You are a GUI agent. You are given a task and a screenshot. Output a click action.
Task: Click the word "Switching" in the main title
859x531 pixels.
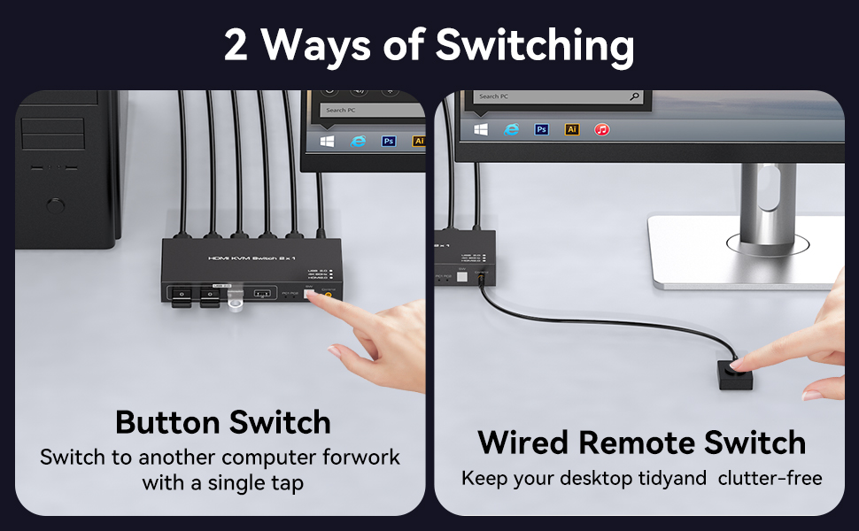(x=532, y=46)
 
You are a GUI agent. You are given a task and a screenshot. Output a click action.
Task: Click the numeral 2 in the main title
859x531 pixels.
(x=236, y=46)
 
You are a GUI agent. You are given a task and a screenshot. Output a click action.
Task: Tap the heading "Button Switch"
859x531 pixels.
(x=222, y=422)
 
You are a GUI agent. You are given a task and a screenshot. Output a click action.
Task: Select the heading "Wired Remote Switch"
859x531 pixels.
(x=641, y=442)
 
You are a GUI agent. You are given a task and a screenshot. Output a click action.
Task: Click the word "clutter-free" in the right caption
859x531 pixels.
(x=770, y=479)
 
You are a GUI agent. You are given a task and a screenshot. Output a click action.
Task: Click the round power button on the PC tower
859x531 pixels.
(x=55, y=207)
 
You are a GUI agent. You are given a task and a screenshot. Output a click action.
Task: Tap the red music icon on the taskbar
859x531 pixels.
(x=602, y=129)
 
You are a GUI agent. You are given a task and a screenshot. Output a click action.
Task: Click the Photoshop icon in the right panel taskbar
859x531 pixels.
(x=542, y=129)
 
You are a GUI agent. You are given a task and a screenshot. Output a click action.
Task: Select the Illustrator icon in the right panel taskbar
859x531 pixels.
(x=572, y=129)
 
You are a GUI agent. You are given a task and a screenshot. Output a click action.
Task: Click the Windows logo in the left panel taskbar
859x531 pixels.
(x=327, y=141)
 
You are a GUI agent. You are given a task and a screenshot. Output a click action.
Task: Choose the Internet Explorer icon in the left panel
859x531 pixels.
(x=358, y=141)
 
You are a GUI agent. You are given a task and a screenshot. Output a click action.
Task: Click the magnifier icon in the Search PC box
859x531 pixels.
(x=634, y=96)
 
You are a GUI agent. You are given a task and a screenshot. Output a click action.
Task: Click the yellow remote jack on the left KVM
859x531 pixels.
(x=329, y=296)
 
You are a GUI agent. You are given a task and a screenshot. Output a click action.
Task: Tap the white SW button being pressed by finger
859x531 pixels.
(x=309, y=296)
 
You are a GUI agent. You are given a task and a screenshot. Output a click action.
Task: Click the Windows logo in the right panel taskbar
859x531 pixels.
(x=481, y=129)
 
